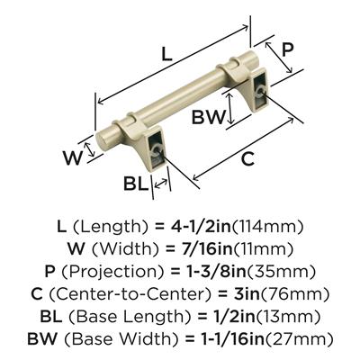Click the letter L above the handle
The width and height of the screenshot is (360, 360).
click(x=166, y=54)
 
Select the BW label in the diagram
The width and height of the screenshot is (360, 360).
click(x=209, y=117)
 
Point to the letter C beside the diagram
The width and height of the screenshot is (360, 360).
click(x=247, y=158)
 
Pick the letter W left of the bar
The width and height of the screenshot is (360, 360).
click(x=72, y=157)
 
